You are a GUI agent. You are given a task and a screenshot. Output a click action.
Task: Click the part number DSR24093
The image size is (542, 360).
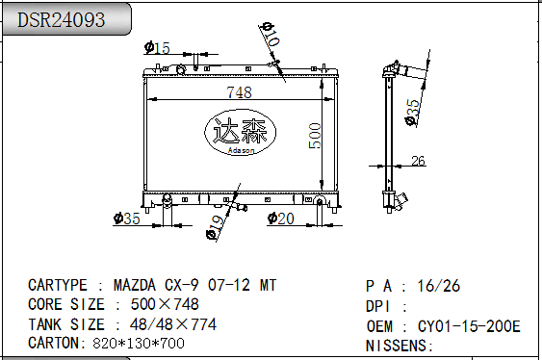(x=61, y=19)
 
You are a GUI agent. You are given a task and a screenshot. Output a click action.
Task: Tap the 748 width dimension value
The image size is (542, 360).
(x=239, y=92)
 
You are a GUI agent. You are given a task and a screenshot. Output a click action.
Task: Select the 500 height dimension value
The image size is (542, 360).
(x=315, y=136)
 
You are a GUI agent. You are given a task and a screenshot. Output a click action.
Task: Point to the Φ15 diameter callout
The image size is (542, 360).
(x=157, y=48)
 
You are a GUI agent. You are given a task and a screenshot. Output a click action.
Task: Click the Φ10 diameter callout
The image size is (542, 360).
(x=271, y=34)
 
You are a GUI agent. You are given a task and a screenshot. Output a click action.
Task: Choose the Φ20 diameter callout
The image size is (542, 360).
(x=281, y=219)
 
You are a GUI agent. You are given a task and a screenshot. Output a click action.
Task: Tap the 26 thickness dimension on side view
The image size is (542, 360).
(x=418, y=161)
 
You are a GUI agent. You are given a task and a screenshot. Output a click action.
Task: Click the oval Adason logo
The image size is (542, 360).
(x=241, y=132)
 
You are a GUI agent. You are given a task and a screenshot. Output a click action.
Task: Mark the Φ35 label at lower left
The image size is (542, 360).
(x=126, y=219)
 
